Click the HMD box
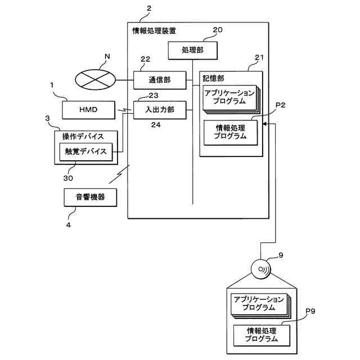89,110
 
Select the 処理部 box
192,51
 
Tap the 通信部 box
160,80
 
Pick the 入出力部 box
160,110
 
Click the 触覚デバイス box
86,152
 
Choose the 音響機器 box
90,197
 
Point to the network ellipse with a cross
95,80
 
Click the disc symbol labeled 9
261,269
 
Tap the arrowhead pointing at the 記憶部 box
264,124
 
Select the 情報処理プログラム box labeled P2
231,133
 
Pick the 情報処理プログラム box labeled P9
262,335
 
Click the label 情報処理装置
154,31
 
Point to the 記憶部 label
213,79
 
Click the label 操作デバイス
83,137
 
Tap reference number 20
218,30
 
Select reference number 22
145,59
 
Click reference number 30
68,178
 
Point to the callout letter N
107,56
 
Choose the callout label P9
310,311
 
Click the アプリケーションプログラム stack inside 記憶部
231,99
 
